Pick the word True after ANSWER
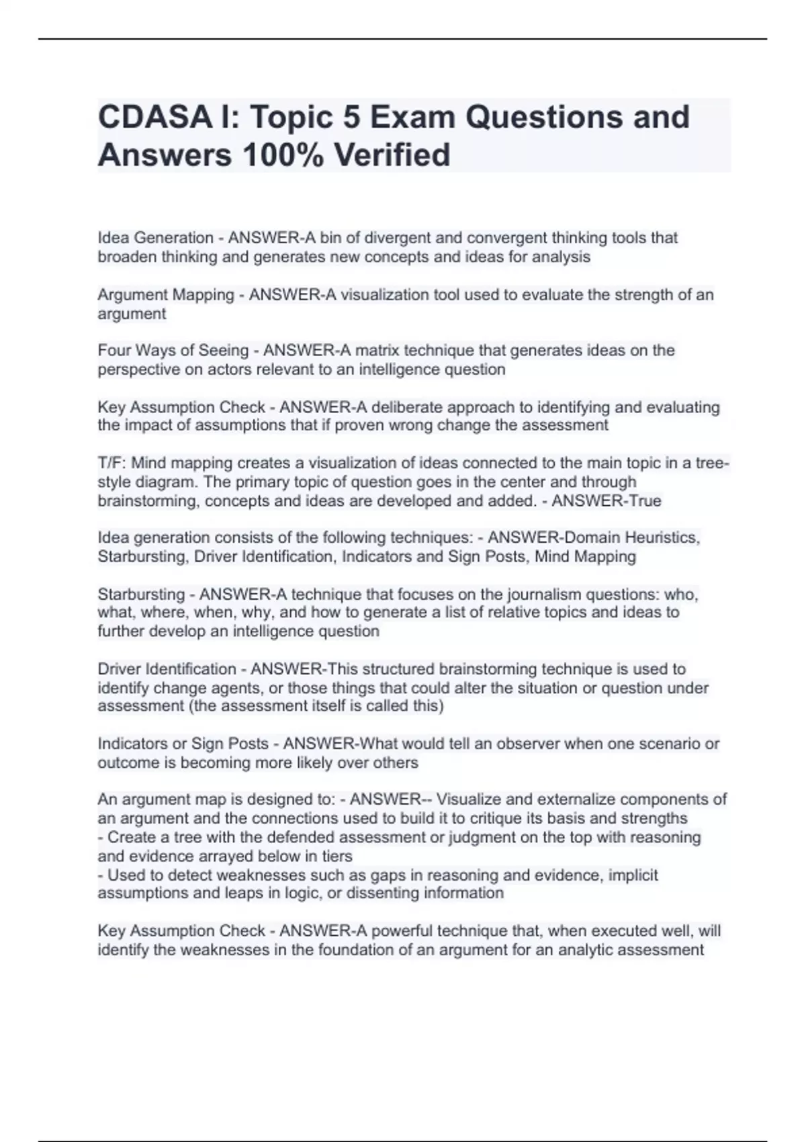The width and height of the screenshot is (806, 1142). click(x=642, y=501)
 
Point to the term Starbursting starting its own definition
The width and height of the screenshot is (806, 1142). click(x=141, y=595)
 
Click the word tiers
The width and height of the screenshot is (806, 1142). click(x=337, y=856)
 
